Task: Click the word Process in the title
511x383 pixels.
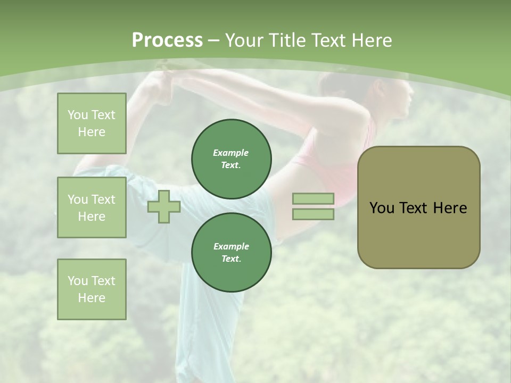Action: tap(167, 40)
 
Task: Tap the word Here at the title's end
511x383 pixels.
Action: tap(370, 40)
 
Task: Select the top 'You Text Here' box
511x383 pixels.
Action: tap(92, 123)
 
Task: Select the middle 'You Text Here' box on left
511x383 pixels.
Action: tap(92, 207)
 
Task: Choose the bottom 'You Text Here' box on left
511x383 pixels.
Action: tap(92, 289)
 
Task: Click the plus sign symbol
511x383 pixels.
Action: tap(164, 207)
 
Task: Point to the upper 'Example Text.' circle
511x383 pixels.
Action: tap(231, 159)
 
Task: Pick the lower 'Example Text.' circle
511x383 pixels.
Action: tap(231, 252)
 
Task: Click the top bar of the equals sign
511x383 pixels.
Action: tap(313, 199)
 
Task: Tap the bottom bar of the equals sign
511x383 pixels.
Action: tap(313, 214)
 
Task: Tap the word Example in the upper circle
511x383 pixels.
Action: tap(231, 153)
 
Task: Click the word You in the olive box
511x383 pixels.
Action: tap(382, 208)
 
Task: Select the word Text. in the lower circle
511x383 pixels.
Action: tap(231, 259)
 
